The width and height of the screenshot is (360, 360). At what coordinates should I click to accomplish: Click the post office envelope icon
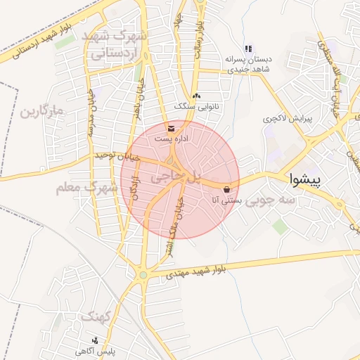click(x=172, y=129)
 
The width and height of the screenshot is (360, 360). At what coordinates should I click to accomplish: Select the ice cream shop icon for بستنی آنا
click(x=226, y=190)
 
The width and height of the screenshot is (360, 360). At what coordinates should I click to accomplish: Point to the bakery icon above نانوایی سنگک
click(x=196, y=96)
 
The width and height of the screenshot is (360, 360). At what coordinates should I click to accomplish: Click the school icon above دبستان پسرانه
click(x=247, y=49)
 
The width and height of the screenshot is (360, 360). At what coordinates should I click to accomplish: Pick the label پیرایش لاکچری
click(x=280, y=119)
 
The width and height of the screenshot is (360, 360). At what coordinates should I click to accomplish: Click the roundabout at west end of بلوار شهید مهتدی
click(x=143, y=275)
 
